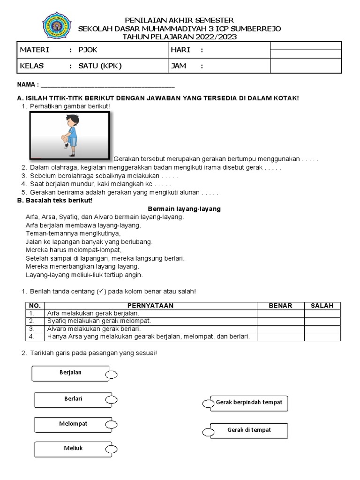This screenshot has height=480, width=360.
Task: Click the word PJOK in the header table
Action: (x=88, y=50)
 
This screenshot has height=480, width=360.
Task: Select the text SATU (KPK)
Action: (x=100, y=66)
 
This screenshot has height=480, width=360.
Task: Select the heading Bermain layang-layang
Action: (x=184, y=209)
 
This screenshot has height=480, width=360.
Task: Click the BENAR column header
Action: (x=280, y=306)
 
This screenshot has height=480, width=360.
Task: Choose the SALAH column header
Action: (x=322, y=306)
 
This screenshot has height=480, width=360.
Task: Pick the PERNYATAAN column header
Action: (x=150, y=306)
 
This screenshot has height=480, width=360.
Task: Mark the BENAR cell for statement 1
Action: (x=280, y=313)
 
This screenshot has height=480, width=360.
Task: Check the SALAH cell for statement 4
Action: (x=322, y=337)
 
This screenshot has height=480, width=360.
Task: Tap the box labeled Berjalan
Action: (x=71, y=373)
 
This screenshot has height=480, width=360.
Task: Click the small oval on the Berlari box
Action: (x=111, y=400)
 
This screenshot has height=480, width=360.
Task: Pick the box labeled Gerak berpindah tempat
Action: (x=248, y=403)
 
